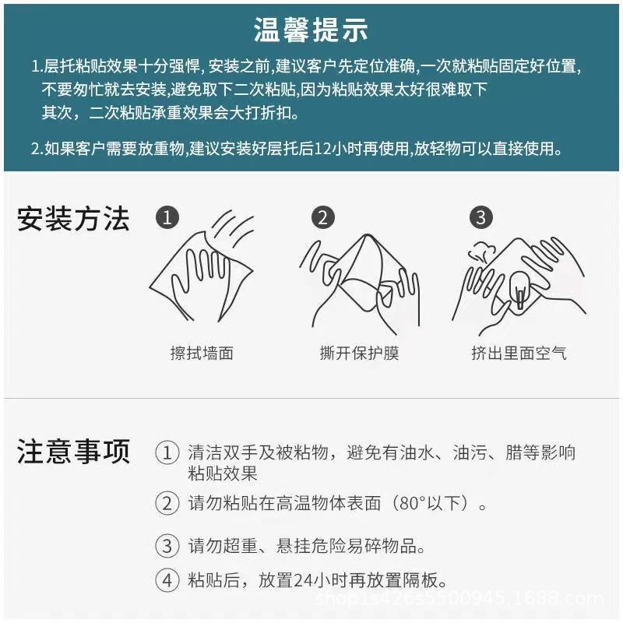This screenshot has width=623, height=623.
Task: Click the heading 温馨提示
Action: [311, 30]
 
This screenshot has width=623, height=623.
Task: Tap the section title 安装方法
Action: [73, 220]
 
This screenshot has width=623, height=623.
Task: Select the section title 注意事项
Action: [73, 452]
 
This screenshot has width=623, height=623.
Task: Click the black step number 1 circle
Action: [167, 217]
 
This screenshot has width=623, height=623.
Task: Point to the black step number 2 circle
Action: [323, 217]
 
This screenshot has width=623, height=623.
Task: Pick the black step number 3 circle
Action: [480, 217]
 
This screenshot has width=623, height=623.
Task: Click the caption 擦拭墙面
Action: [202, 353]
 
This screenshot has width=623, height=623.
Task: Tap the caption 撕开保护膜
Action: [359, 353]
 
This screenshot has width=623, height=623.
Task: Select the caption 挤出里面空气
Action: [519, 353]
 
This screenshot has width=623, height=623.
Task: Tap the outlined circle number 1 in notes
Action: [167, 452]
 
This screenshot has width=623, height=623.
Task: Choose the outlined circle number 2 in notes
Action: [167, 503]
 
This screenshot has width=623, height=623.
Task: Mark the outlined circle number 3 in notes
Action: [167, 545]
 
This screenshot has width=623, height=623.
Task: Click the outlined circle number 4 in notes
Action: [167, 580]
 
